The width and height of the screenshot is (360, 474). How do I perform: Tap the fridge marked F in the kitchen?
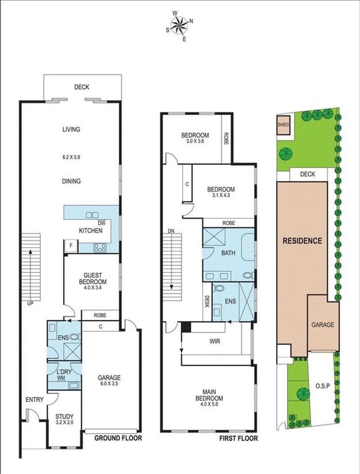71,246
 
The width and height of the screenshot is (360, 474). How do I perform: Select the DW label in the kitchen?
102,223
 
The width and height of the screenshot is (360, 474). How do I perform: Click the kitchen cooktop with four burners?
100,248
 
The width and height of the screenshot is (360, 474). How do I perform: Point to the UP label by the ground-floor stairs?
30,303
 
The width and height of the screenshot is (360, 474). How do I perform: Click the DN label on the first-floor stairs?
171,231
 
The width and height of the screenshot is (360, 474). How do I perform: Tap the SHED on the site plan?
283,125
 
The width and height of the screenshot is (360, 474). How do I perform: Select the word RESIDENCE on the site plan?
302,240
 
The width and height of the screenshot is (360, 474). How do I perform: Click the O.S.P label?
323,386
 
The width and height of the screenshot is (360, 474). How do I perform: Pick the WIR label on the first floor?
215,341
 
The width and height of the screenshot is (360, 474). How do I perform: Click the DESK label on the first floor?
207,301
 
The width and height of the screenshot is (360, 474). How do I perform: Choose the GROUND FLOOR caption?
118,438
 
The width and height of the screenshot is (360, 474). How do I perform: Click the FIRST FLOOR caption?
239,438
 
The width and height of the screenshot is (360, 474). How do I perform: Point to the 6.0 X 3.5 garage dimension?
109,384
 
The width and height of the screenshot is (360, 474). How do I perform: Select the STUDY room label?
64,416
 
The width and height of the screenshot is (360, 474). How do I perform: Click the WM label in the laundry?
61,377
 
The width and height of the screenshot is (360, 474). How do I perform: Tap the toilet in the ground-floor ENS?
75,337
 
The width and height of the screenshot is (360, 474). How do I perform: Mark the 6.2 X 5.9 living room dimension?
71,157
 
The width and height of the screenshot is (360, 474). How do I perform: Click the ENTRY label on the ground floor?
35,400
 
